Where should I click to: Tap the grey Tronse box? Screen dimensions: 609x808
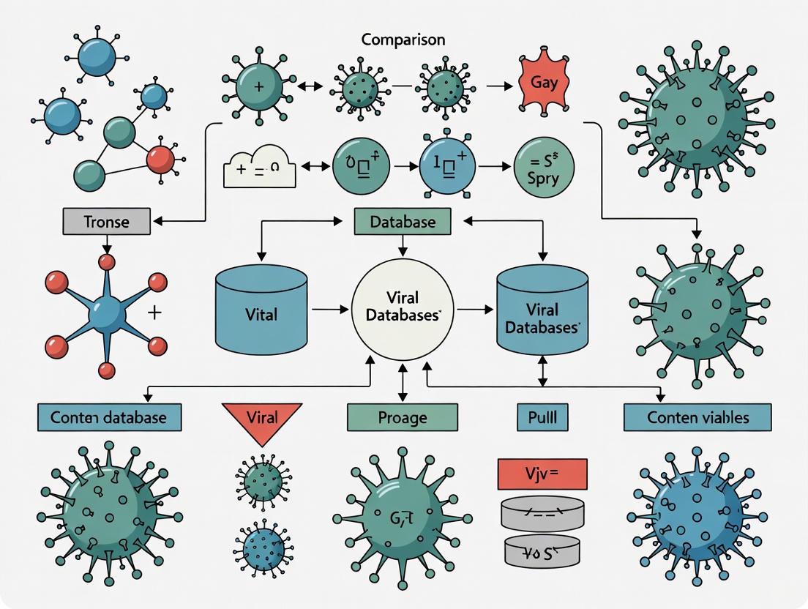click(106, 221)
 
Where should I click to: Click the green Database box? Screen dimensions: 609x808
click(403, 221)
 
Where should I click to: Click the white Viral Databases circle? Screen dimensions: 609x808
click(402, 307)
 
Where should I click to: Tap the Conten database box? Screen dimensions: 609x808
click(109, 417)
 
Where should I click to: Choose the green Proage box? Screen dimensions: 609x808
click(402, 417)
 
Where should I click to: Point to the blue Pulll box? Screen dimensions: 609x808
click(542, 417)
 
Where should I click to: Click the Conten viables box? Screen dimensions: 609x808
click(697, 417)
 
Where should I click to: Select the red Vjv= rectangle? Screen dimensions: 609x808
click(542, 474)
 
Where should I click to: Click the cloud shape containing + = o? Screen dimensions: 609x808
click(260, 167)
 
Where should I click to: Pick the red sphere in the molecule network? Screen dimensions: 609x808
click(160, 159)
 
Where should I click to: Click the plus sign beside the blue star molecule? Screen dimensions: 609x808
click(154, 313)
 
